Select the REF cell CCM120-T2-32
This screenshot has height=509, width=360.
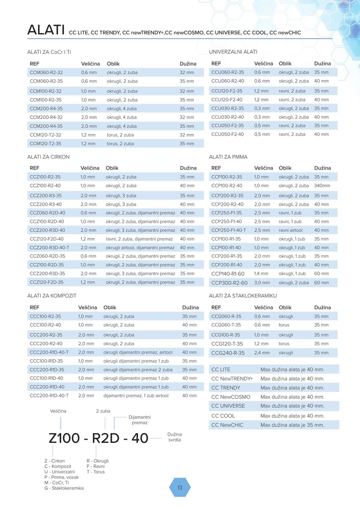point(45,135)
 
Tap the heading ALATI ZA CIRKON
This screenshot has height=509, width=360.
point(48,157)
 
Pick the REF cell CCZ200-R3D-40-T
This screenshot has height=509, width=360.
point(49,248)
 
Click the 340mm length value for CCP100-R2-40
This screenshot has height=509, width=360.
point(322,186)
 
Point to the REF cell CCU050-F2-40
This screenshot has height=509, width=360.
point(228,134)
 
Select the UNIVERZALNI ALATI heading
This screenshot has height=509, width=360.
point(233,52)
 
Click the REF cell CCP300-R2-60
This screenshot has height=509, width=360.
point(229,283)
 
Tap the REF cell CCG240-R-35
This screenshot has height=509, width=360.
point(228,353)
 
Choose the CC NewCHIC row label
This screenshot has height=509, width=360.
point(227,425)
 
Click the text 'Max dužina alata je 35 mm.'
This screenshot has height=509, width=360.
point(292,425)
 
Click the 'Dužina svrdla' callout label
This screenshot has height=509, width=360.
point(174,437)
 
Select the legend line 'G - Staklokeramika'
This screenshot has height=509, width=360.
point(64,488)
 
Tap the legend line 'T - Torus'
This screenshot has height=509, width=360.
point(95,472)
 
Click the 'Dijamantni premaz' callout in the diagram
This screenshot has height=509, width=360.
point(140,420)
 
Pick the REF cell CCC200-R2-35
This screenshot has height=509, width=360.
point(46,335)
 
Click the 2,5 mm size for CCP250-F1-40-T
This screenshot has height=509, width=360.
point(262,230)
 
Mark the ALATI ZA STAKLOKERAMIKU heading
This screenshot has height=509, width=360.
point(243,295)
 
